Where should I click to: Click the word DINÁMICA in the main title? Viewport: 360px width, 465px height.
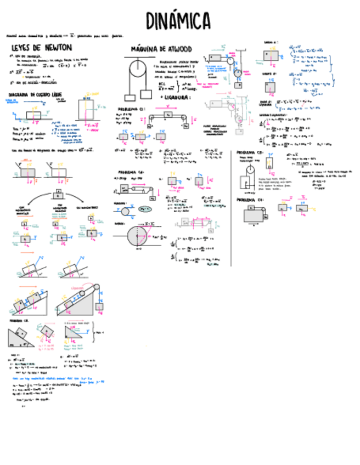[x=178, y=21]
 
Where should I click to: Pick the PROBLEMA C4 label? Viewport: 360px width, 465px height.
[x=250, y=200]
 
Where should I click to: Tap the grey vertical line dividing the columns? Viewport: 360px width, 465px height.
[x=230, y=208]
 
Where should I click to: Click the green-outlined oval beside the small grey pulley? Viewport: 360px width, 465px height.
[x=145, y=209]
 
